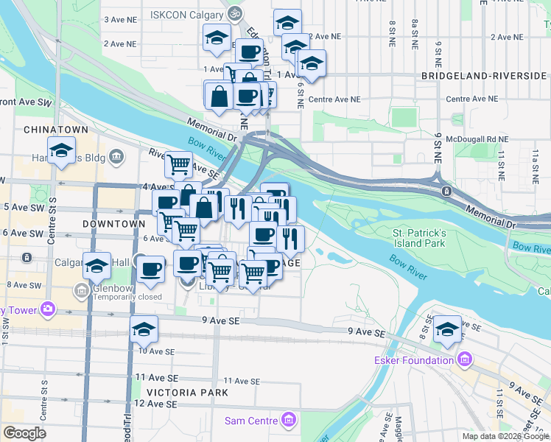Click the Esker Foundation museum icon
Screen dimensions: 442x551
click(x=464, y=360)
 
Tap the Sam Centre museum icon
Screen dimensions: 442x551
click(x=289, y=421)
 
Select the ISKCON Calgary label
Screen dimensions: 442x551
click(x=188, y=14)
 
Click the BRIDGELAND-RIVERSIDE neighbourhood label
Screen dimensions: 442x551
click(x=484, y=76)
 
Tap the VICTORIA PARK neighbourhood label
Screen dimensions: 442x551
click(x=187, y=393)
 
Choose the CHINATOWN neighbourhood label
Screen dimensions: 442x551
click(x=56, y=130)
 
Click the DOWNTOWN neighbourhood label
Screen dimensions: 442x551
click(x=113, y=223)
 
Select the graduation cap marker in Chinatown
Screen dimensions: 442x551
click(x=62, y=151)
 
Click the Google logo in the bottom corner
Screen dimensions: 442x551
click(x=24, y=433)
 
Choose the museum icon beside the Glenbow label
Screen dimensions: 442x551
click(x=80, y=290)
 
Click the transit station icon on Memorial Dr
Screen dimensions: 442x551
click(x=446, y=192)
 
